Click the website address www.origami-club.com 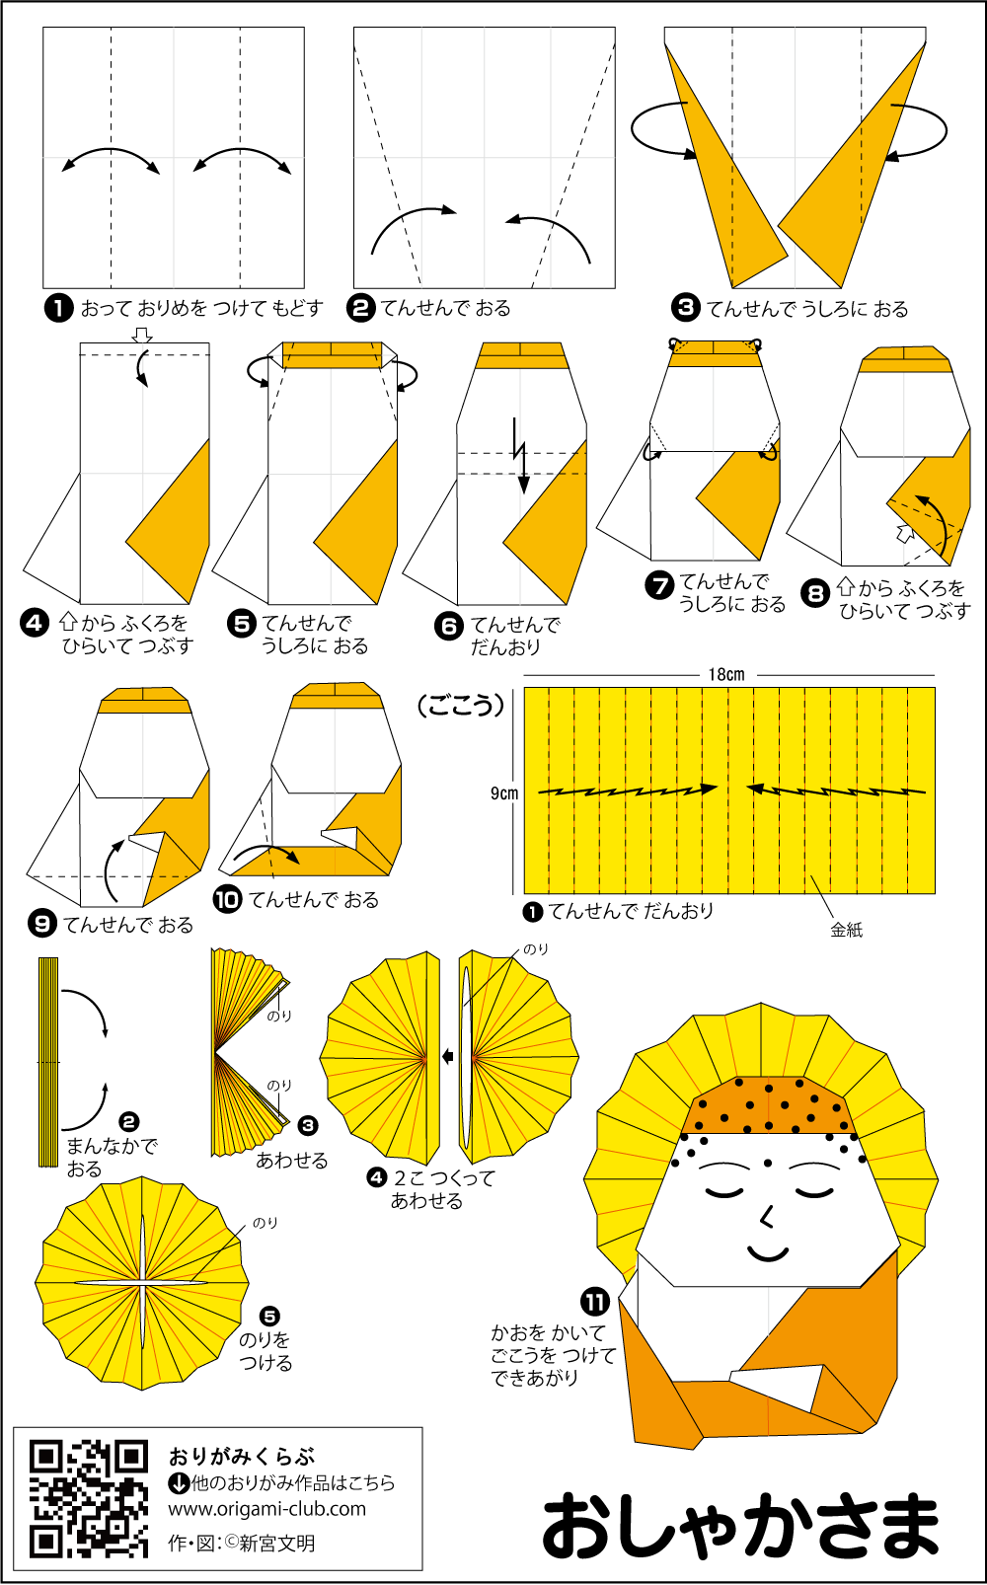[266, 1509]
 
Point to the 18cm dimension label [726, 674]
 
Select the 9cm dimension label [504, 793]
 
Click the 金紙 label [846, 930]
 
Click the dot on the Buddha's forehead [767, 1163]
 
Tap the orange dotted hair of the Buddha [771, 1105]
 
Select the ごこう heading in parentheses [461, 706]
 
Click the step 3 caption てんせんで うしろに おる [806, 309]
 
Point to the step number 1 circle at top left [58, 309]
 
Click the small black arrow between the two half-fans [448, 1056]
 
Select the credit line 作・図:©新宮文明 [241, 1544]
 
